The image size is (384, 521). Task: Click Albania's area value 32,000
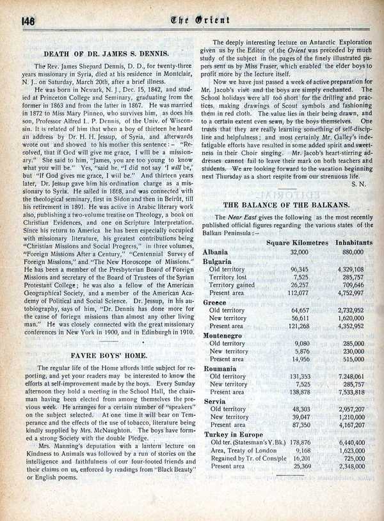point(298,253)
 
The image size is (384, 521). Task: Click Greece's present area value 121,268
point(298,326)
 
